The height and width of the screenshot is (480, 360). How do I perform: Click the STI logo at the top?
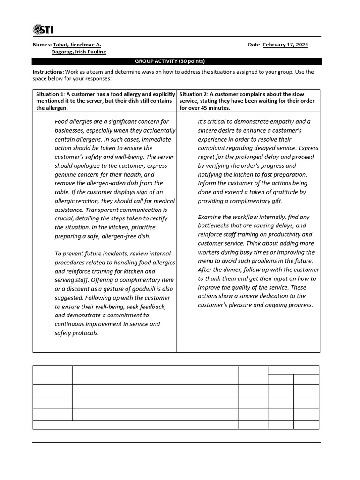click(43, 30)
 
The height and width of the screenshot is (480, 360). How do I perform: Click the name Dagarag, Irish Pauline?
click(79, 52)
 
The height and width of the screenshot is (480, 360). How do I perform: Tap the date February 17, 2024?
click(285, 45)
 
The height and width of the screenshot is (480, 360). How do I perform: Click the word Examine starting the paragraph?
click(210, 217)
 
